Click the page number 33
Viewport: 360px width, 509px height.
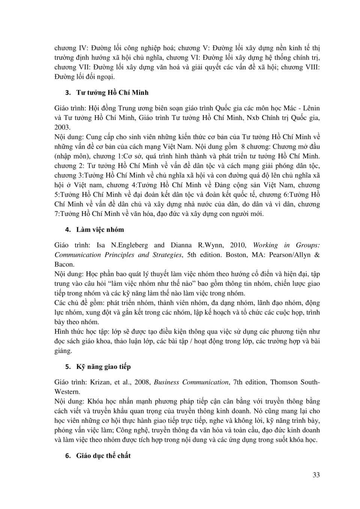coord(316,475)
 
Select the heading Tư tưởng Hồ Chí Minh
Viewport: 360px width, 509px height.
coord(112,93)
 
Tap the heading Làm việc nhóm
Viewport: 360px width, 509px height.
coord(100,230)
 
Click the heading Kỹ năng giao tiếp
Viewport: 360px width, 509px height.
coord(103,366)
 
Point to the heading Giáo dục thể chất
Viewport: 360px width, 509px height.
coord(103,456)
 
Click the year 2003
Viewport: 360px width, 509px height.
coord(62,128)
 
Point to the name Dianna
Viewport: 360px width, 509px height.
coord(181,245)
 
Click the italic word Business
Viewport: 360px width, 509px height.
coord(166,382)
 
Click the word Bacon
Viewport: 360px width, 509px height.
coord(64,264)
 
